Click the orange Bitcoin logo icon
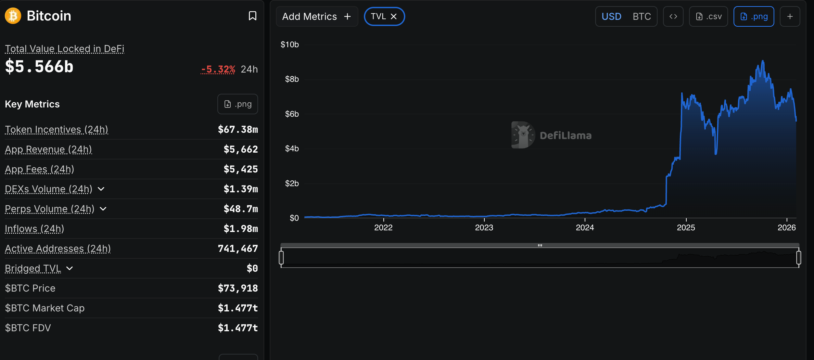[x=13, y=16]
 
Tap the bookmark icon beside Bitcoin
[x=252, y=16]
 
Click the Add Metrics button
[x=317, y=16]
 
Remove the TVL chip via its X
[x=394, y=16]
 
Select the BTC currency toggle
[x=641, y=16]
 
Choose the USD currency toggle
[x=611, y=16]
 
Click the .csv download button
[x=709, y=16]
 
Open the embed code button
[x=673, y=16]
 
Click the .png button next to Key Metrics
[x=238, y=104]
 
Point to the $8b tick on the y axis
[x=292, y=79]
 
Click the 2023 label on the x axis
[x=484, y=228]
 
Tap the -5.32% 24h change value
[x=218, y=69]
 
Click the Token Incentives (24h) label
[x=56, y=129]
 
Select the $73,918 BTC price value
[x=238, y=288]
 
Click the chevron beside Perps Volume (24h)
[x=103, y=209]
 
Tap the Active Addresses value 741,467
[x=238, y=248]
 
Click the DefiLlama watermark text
[x=565, y=136]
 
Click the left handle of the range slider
[x=281, y=258]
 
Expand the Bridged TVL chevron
[x=69, y=268]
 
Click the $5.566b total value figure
[x=39, y=66]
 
